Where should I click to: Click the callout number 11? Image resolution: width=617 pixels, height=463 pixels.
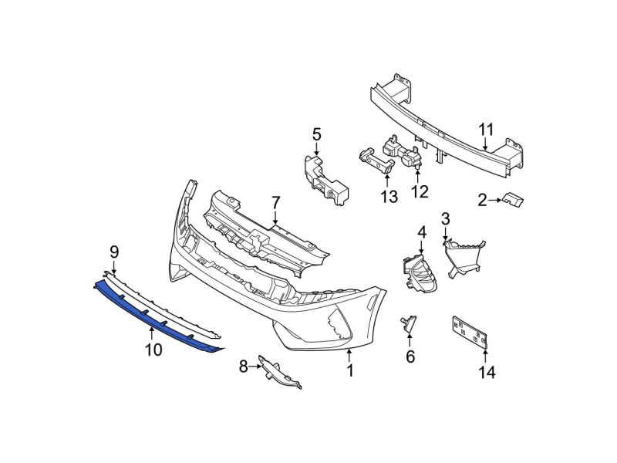click(x=486, y=130)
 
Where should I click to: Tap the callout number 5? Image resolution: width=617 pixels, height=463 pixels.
click(x=317, y=134)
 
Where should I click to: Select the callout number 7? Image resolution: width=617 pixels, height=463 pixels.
click(x=275, y=203)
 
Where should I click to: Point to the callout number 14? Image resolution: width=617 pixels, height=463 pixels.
click(x=487, y=372)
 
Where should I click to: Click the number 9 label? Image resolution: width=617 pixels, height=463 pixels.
click(x=114, y=252)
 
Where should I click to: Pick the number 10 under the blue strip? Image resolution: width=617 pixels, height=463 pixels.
click(x=153, y=350)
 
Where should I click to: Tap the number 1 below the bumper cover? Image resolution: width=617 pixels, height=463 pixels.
click(x=350, y=370)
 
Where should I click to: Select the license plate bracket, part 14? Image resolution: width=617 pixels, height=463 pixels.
click(x=470, y=332)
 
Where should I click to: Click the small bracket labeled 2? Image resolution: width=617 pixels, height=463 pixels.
click(x=513, y=200)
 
